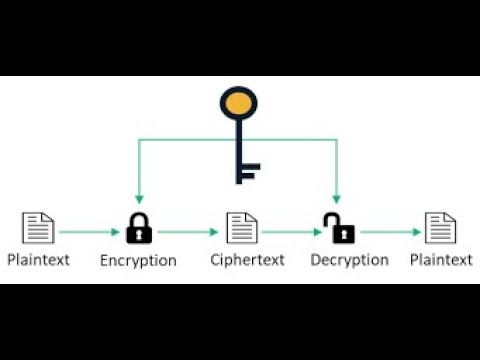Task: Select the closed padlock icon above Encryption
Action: coord(138,229)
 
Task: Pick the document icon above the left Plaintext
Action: coord(38,228)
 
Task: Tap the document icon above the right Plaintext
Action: coord(439,228)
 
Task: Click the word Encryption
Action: coord(138,260)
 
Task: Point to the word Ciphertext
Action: coord(247,260)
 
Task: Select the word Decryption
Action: coord(349,260)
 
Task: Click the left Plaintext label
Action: coord(38,260)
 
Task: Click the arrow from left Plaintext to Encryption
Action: coord(88,232)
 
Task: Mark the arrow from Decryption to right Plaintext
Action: coord(390,232)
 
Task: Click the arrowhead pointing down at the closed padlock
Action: coord(138,199)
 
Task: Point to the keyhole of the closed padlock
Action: coord(138,236)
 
